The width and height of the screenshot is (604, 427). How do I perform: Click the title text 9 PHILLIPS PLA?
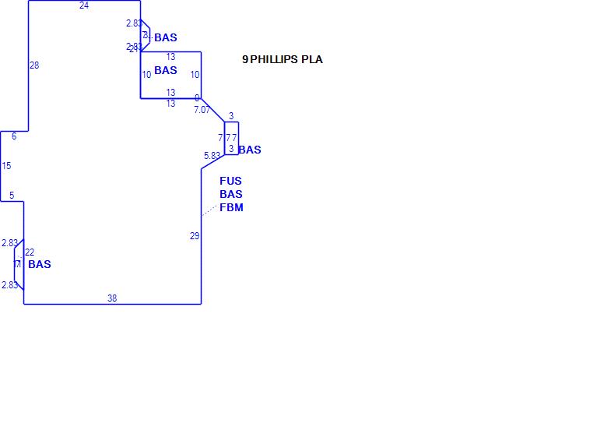282,59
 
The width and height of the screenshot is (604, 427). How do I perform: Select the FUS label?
230,181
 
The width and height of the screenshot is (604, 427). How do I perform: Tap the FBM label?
231,207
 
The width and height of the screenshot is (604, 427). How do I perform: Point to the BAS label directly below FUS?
230,194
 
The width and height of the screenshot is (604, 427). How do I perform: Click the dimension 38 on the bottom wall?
112,298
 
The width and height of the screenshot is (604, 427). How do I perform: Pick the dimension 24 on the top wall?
84,5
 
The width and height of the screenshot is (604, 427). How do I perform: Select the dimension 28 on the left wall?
34,65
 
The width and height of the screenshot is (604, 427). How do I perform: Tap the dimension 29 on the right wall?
195,236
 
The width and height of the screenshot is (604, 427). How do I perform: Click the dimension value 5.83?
212,156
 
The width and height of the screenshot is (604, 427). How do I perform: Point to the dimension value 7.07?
202,110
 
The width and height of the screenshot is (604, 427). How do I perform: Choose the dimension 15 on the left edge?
6,166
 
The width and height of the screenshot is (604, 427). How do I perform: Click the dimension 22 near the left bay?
30,252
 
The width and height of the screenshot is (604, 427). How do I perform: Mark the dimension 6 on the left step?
14,136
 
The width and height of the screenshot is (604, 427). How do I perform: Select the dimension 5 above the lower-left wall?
12,195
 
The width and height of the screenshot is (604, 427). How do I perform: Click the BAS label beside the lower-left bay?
39,264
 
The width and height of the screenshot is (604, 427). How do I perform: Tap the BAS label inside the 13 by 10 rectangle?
166,70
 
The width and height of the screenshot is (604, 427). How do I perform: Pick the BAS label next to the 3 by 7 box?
250,150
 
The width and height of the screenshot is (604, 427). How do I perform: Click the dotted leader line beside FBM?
209,209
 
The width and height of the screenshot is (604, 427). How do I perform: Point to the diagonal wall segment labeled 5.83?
212,161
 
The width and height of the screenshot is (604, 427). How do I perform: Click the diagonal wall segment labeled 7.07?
212,110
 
